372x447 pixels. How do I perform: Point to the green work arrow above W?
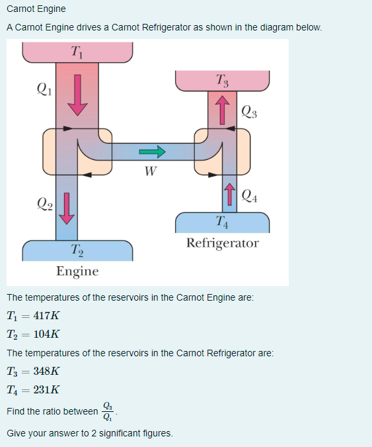[151, 152]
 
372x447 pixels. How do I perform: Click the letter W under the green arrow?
[151, 173]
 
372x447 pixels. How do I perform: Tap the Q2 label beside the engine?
[44, 201]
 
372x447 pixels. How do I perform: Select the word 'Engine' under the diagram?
[77, 272]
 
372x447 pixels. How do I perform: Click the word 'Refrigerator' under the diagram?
[223, 243]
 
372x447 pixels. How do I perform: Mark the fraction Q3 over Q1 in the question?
[108, 411]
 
